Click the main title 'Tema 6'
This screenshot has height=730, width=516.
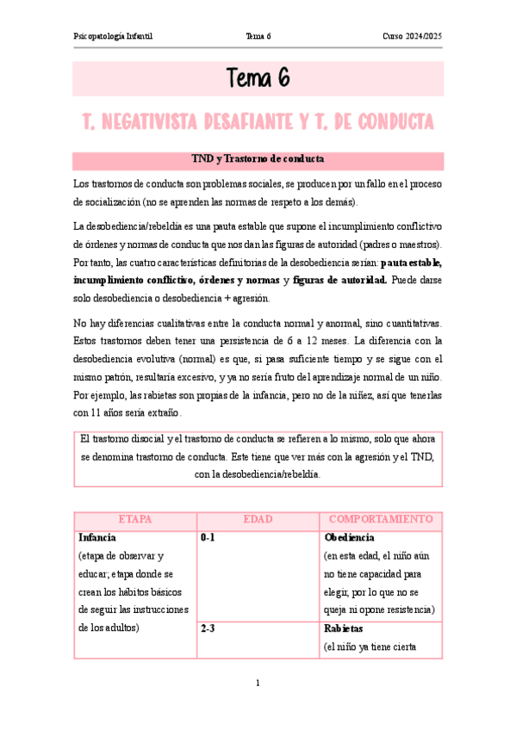258,78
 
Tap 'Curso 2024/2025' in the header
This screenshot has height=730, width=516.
413,35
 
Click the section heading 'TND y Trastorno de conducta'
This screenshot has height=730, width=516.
258,159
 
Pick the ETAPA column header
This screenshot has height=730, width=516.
134,519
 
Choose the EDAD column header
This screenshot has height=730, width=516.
258,519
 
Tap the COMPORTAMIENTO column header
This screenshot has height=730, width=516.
381,519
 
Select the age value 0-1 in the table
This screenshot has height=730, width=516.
208,537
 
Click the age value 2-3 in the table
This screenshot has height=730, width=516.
208,629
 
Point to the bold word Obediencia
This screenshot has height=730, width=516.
349,537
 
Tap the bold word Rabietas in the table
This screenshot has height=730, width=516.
344,629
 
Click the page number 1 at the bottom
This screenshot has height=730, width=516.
258,684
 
